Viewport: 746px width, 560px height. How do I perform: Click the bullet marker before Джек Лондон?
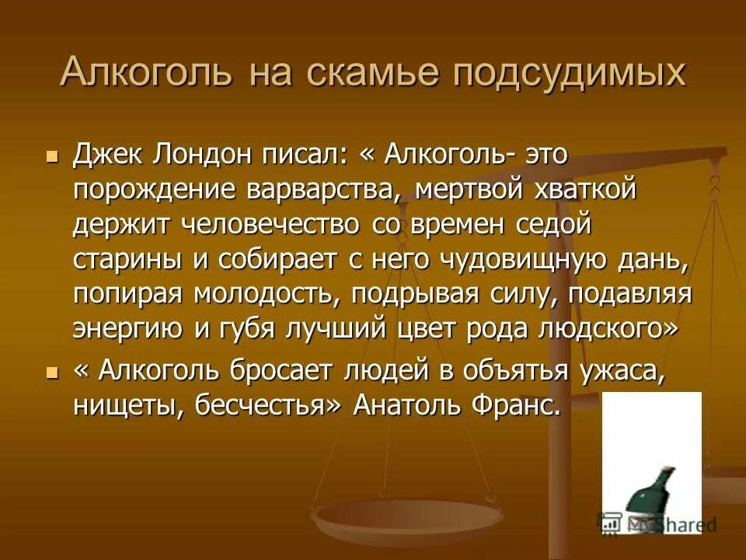tap(53, 156)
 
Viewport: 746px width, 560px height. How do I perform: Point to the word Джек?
tap(107, 154)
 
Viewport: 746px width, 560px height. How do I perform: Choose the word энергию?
tap(129, 329)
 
